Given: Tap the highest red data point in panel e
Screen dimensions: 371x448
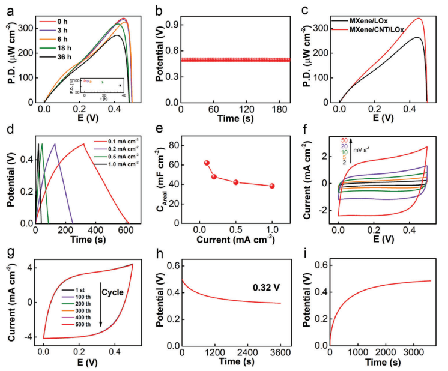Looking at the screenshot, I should click(207, 163).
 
